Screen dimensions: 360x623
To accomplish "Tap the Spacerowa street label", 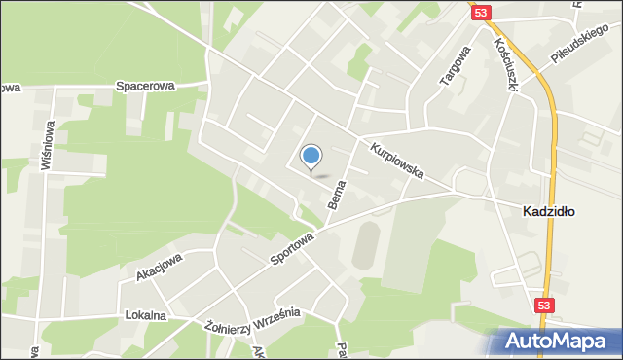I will [x=145, y=86].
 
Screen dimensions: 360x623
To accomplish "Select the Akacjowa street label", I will [x=159, y=267].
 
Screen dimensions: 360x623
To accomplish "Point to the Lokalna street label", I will [x=146, y=316].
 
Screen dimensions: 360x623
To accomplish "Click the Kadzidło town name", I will [x=548, y=210].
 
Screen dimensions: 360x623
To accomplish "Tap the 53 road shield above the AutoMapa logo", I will [x=546, y=306].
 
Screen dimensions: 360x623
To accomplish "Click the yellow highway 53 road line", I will [x=551, y=146].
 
